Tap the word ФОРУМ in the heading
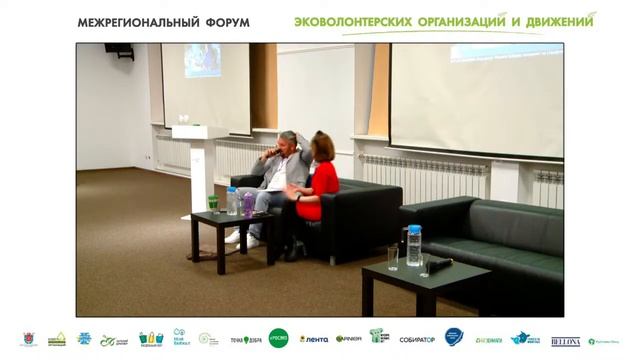point(224,22)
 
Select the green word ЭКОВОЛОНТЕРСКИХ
point(352,21)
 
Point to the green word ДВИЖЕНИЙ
point(555,21)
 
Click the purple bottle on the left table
point(247,204)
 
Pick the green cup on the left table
point(213,204)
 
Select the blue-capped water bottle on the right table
point(413,246)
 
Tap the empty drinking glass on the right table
point(392,258)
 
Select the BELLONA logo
point(565,341)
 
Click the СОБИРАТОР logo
point(416,340)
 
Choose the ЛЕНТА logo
point(314,340)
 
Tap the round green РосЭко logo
point(278,339)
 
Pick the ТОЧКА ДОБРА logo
point(246,340)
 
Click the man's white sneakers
point(239,237)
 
